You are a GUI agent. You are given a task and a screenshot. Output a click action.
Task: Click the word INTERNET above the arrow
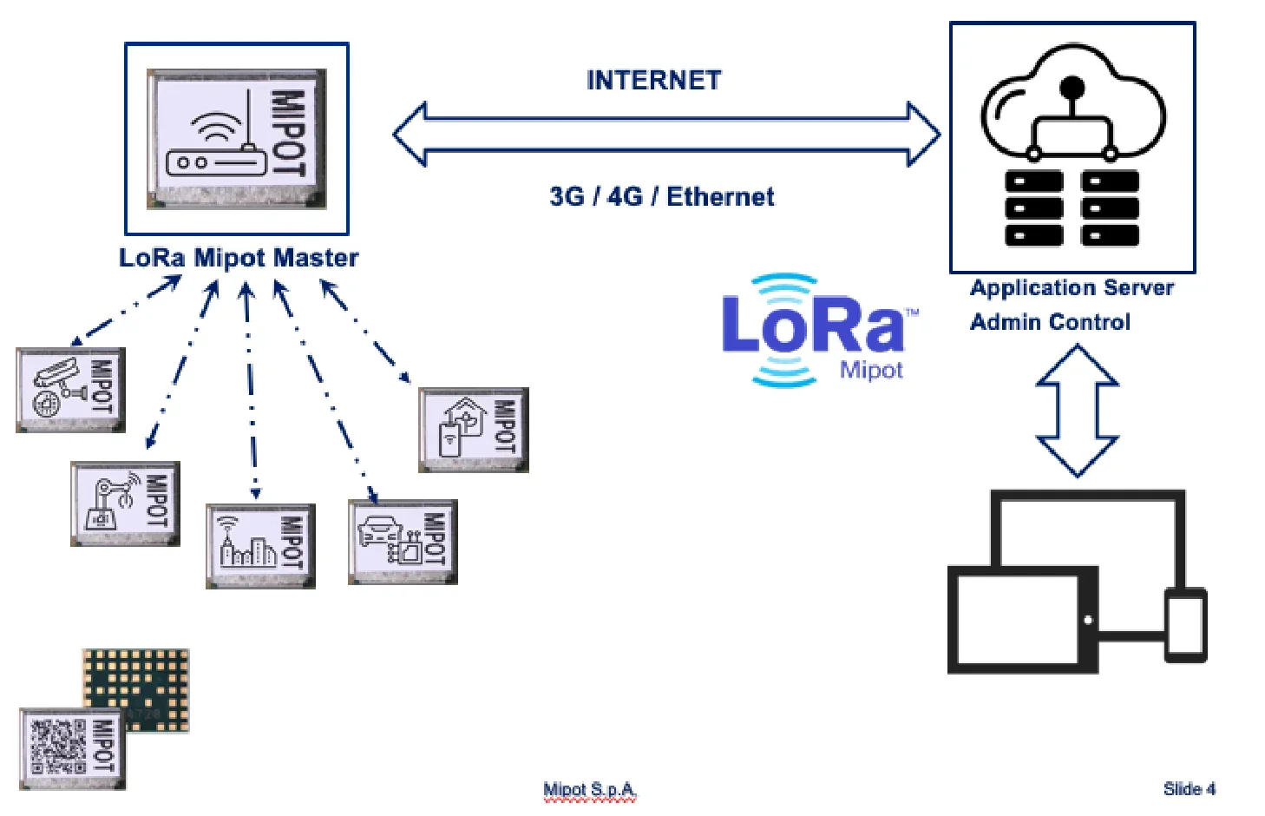pyautogui.click(x=653, y=81)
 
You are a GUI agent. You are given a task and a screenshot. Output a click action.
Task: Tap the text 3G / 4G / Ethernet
pyautogui.click(x=661, y=197)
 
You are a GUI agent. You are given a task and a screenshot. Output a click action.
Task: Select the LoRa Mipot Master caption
pyautogui.click(x=239, y=258)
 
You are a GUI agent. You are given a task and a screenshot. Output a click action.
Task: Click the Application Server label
pyautogui.click(x=1072, y=288)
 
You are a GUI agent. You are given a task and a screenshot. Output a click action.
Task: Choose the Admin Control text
pyautogui.click(x=1050, y=322)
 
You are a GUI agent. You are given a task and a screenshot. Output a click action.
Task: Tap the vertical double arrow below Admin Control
pyautogui.click(x=1078, y=411)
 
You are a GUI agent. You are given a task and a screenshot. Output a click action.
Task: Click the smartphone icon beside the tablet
pyautogui.click(x=1185, y=624)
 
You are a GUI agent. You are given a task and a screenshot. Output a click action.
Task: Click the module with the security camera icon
pyautogui.click(x=70, y=390)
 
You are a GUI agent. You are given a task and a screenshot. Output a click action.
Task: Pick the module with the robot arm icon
pyautogui.click(x=125, y=503)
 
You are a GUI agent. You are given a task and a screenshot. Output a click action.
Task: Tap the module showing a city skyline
pyautogui.click(x=260, y=546)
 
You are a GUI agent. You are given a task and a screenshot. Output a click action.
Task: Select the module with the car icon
pyautogui.click(x=403, y=542)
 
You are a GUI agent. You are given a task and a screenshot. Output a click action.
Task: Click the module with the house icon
pyautogui.click(x=473, y=430)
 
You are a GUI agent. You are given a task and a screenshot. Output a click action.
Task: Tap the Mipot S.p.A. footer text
pyautogui.click(x=589, y=790)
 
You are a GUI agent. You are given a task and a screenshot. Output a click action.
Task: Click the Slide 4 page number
pyautogui.click(x=1189, y=789)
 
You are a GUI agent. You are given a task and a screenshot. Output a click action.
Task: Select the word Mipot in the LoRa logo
pyautogui.click(x=870, y=371)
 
